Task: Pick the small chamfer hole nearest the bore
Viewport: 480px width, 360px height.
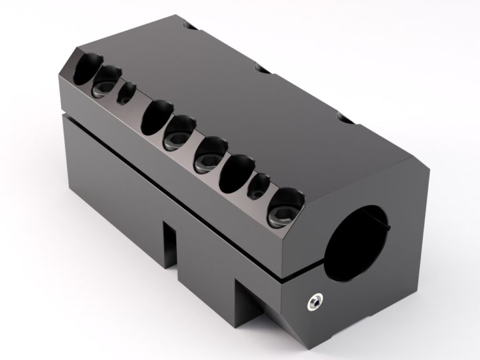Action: pyautogui.click(x=258, y=186)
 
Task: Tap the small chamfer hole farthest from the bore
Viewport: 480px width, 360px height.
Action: pyautogui.click(x=126, y=94)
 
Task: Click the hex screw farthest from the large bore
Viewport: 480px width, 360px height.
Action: pyautogui.click(x=102, y=81)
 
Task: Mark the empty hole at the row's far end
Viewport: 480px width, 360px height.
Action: pyautogui.click(x=82, y=69)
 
